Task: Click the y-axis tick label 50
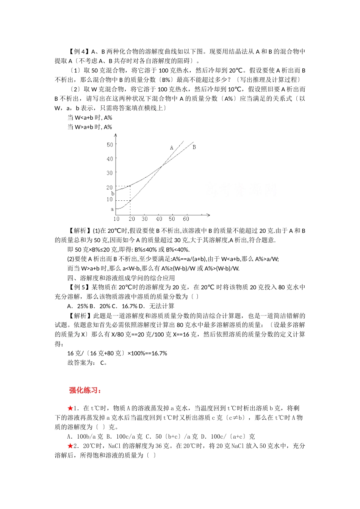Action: pyautogui.click(x=110, y=145)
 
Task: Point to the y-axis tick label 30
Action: pyautogui.click(x=110, y=173)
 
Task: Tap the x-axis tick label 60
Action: pyautogui.click(x=186, y=219)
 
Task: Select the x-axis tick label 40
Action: pyautogui.click(x=159, y=219)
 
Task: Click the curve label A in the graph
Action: pyautogui.click(x=172, y=148)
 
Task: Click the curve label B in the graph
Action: pyautogui.click(x=194, y=147)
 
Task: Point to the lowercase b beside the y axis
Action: pyautogui.click(x=113, y=194)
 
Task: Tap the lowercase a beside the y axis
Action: pyautogui.click(x=112, y=209)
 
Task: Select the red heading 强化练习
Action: pyautogui.click(x=85, y=390)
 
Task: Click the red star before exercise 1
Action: pyautogui.click(x=70, y=408)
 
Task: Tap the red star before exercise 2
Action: pyautogui.click(x=70, y=446)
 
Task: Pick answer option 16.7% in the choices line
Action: pyautogui.click(x=130, y=306)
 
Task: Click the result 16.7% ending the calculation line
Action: pyautogui.click(x=159, y=353)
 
